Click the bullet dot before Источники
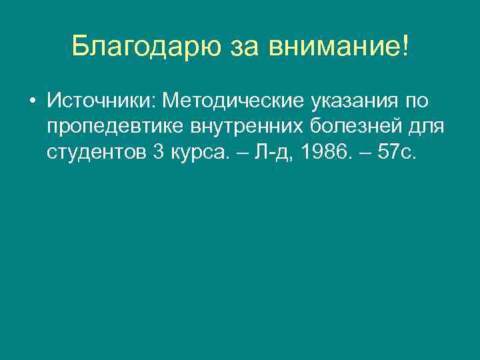tap(32, 102)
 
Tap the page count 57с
tap(398, 152)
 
